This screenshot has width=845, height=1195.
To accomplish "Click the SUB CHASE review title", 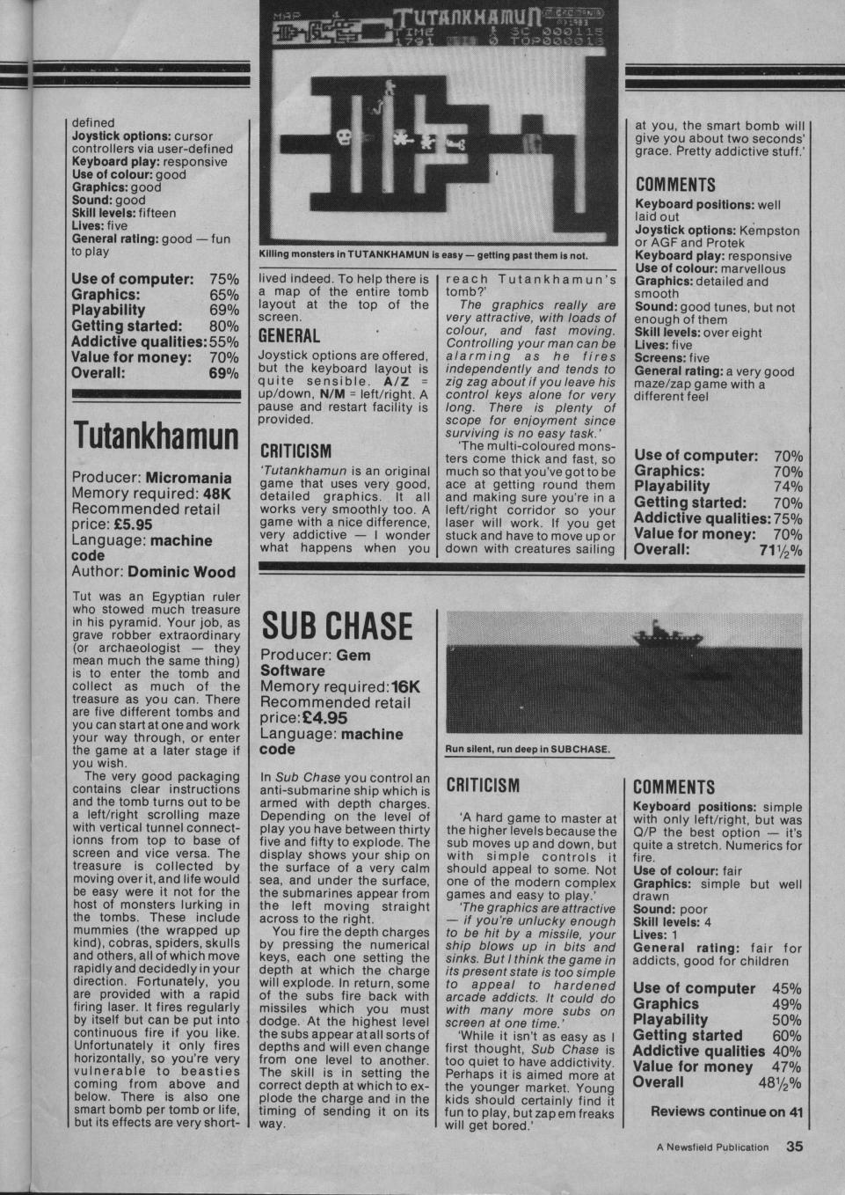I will [337, 626].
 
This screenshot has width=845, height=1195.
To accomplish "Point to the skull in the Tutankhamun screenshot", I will [345, 138].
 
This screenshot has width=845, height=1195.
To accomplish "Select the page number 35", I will [795, 1147].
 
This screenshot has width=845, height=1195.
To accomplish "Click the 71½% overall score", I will [780, 550].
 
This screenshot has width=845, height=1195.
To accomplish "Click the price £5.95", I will [135, 524].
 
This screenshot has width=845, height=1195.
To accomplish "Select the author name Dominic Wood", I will [181, 572].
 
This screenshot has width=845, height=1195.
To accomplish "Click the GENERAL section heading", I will [289, 336].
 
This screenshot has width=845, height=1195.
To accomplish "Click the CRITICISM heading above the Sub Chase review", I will [483, 785].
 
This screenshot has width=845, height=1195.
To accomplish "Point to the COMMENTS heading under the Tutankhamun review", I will [675, 185].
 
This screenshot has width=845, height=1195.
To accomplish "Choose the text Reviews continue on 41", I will [726, 1111].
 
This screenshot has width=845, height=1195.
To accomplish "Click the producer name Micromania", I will [188, 478].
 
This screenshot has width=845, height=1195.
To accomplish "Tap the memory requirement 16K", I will [407, 686].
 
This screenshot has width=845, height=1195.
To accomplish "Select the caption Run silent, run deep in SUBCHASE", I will [528, 750].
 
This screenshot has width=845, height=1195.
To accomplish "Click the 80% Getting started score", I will [223, 326].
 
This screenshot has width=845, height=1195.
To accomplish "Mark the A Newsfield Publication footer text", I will [712, 1147].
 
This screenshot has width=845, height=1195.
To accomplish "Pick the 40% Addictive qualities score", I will [786, 1051].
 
